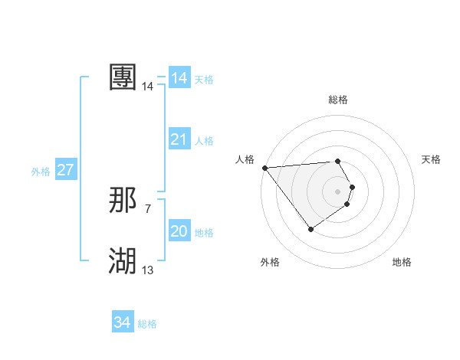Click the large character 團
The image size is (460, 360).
tap(123, 77)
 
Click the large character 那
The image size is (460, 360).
tap(123, 201)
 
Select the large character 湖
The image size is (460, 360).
tap(123, 261)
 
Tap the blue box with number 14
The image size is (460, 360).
tap(179, 78)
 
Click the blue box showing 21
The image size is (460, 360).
tap(179, 139)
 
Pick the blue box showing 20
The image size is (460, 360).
tap(179, 231)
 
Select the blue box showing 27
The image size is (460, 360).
tap(66, 170)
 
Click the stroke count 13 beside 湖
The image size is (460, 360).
tap(147, 270)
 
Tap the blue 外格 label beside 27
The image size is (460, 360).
tap(41, 172)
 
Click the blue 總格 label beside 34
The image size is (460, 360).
tap(147, 324)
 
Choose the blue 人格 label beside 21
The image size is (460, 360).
tap(204, 141)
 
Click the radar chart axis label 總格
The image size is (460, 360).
tap(338, 100)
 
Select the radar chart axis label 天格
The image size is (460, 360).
tap(432, 159)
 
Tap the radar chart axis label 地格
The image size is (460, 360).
tap(402, 262)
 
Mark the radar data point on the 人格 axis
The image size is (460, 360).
tap(264, 168)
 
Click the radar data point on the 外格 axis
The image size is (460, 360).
tap(310, 229)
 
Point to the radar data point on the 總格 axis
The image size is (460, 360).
tap(338, 162)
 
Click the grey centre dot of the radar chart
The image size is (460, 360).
tap(338, 191)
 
